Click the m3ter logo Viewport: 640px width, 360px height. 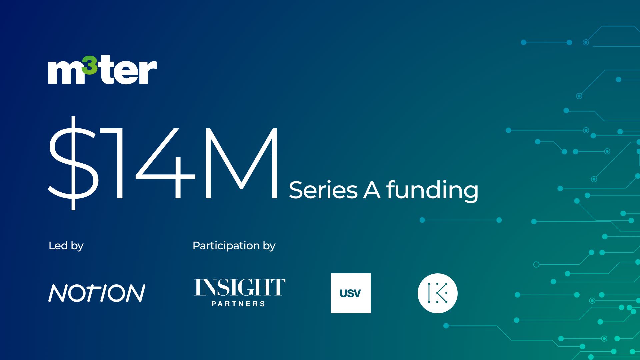pyautogui.click(x=102, y=70)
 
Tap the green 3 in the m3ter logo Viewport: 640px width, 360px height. pyautogui.click(x=90, y=65)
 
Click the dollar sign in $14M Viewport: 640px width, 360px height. pyautogui.click(x=74, y=163)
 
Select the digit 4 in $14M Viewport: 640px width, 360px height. pyautogui.click(x=165, y=163)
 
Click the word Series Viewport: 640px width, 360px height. pyautogui.click(x=323, y=190)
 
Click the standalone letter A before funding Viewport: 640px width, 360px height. pyautogui.click(x=372, y=190)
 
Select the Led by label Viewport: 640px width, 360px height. pyautogui.click(x=66, y=246)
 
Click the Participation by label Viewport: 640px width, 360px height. pyautogui.click(x=234, y=246)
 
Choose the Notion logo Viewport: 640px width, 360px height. pyautogui.click(x=97, y=293)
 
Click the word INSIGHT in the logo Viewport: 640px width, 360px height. pyautogui.click(x=240, y=287)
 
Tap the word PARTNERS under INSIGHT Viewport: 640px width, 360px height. pyautogui.click(x=238, y=304)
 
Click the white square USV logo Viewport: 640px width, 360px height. pyautogui.click(x=351, y=293)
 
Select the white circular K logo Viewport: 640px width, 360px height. pyautogui.click(x=438, y=293)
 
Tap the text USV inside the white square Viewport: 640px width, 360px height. pyautogui.click(x=350, y=293)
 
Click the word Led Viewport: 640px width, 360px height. pyautogui.click(x=58, y=246)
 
